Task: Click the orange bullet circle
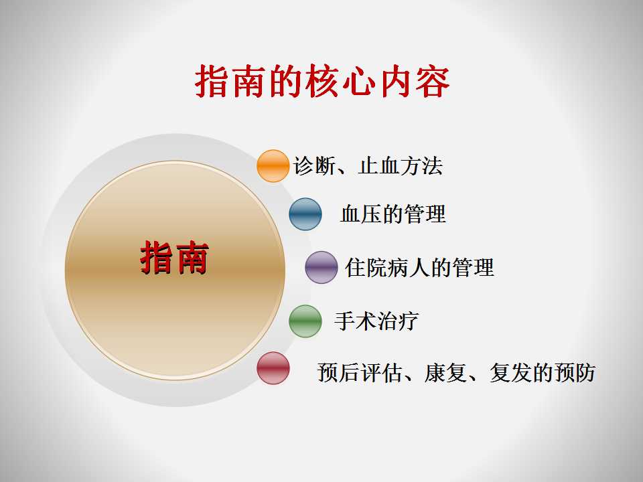pyautogui.click(x=273, y=166)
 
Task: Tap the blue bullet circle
pyautogui.click(x=305, y=214)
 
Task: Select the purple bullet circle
pyautogui.click(x=321, y=267)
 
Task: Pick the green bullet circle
pyautogui.click(x=305, y=321)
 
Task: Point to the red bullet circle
pyautogui.click(x=273, y=368)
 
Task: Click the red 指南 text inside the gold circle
pyautogui.click(x=175, y=257)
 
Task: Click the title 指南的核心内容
pyautogui.click(x=322, y=81)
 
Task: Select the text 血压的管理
pyautogui.click(x=393, y=214)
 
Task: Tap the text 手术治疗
pyautogui.click(x=376, y=321)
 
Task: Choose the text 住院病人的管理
pyautogui.click(x=419, y=268)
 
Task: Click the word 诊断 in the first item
pyautogui.click(x=313, y=166)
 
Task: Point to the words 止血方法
pyautogui.click(x=401, y=166)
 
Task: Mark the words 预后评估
pyautogui.click(x=360, y=373)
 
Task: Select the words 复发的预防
pyautogui.click(x=543, y=373)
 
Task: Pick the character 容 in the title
pyautogui.click(x=433, y=81)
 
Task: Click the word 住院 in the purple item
pyautogui.click(x=366, y=268)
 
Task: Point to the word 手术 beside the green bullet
pyautogui.click(x=356, y=321)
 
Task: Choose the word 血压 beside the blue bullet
pyautogui.click(x=362, y=214)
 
